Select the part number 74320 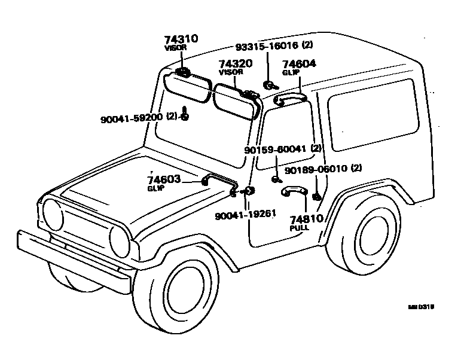coord(235,63)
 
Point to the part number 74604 coord(300,64)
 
